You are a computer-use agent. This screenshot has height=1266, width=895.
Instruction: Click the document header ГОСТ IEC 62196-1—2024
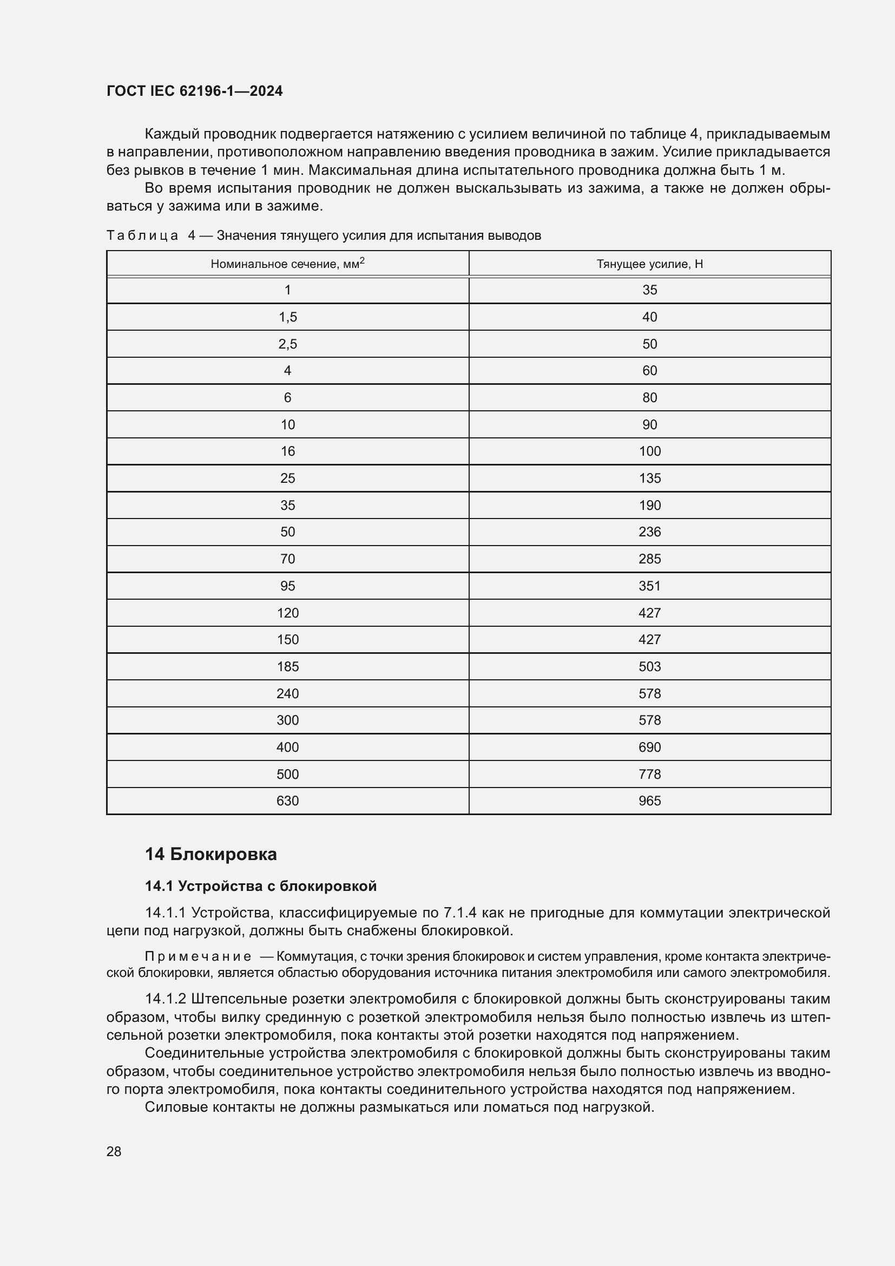pos(194,91)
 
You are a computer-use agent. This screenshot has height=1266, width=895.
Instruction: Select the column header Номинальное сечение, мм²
pos(287,264)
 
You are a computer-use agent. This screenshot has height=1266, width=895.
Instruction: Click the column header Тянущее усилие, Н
pos(649,264)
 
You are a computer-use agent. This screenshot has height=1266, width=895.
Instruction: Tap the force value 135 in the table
pos(649,478)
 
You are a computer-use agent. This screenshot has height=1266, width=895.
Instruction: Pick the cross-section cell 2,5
pos(287,344)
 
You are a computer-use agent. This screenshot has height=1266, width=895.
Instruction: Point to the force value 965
pos(649,801)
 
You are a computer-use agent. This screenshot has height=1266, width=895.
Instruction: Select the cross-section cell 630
pos(287,801)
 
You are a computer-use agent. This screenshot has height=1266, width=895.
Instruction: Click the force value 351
pos(649,586)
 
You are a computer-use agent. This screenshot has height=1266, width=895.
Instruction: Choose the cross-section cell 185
pos(287,667)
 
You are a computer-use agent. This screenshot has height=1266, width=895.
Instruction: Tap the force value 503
pos(649,667)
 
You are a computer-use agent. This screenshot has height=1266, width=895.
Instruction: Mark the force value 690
pos(649,747)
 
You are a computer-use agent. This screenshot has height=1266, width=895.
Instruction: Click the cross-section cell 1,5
pos(287,317)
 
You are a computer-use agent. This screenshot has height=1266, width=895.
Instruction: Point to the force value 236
pos(649,532)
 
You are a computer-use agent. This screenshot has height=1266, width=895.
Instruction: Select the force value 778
pos(649,774)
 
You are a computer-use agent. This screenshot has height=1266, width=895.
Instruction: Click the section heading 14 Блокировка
pos(210,854)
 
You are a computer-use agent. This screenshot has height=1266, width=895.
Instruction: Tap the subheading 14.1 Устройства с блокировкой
pos(260,886)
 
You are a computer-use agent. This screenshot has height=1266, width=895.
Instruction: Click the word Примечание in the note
pos(198,956)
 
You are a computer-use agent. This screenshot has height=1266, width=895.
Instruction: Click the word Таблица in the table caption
pos(142,236)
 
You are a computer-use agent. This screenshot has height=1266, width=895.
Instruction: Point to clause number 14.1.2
pos(166,999)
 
